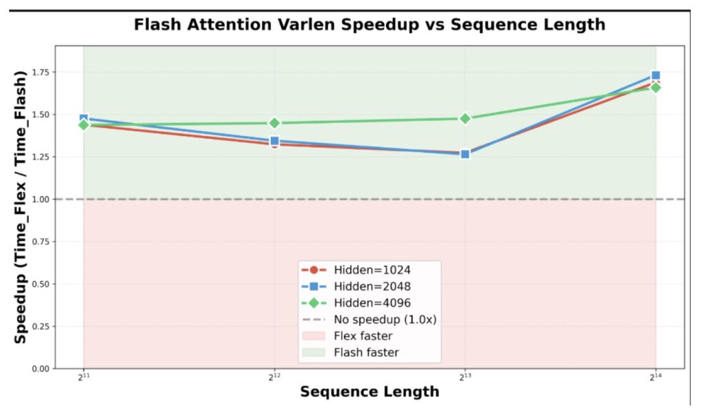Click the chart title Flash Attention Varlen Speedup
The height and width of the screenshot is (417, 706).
pyautogui.click(x=369, y=26)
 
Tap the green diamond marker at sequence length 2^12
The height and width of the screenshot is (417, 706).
pyautogui.click(x=274, y=123)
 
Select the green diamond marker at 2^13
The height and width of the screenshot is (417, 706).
pyautogui.click(x=465, y=118)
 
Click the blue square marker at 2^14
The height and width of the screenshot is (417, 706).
pyautogui.click(x=656, y=75)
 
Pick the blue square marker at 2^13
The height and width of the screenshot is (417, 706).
pyautogui.click(x=465, y=154)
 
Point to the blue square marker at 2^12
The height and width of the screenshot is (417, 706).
pyautogui.click(x=274, y=141)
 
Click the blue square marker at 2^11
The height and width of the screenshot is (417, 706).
pyautogui.click(x=84, y=119)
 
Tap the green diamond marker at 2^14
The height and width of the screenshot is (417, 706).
pyautogui.click(x=656, y=87)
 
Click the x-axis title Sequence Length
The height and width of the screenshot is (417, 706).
pyautogui.click(x=369, y=392)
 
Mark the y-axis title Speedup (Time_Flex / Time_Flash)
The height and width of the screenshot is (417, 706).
pyautogui.click(x=21, y=206)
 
